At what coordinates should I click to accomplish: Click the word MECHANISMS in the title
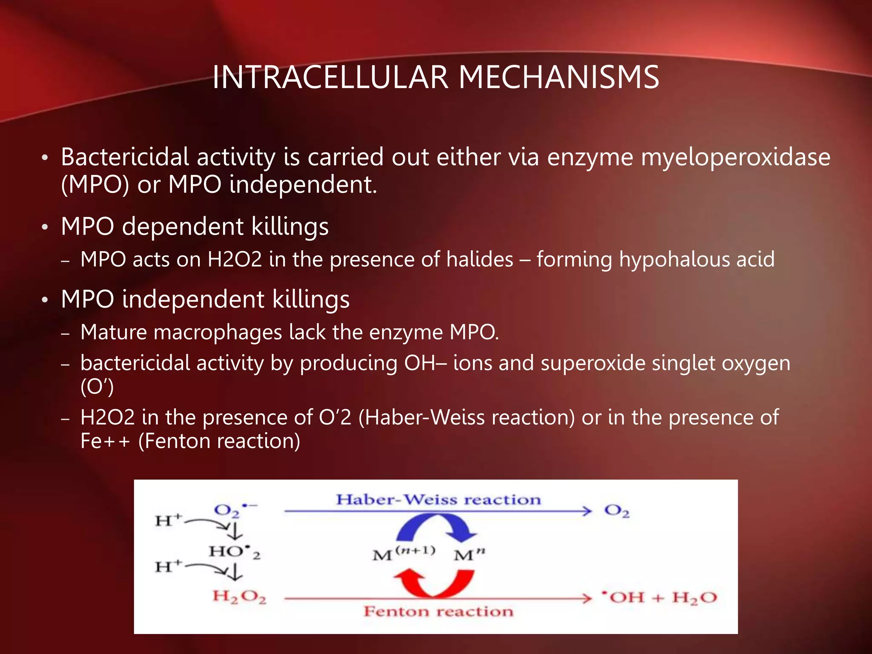[559, 77]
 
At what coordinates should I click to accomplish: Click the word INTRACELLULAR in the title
[330, 77]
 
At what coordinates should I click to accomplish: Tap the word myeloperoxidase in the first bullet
[735, 158]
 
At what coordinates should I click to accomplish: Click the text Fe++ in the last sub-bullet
[105, 441]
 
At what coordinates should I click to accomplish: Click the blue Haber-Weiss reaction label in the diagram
[438, 499]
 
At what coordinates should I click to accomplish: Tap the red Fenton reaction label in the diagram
[438, 611]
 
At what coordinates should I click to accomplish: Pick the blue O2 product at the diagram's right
[617, 511]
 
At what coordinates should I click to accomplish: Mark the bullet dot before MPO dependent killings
[45, 227]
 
